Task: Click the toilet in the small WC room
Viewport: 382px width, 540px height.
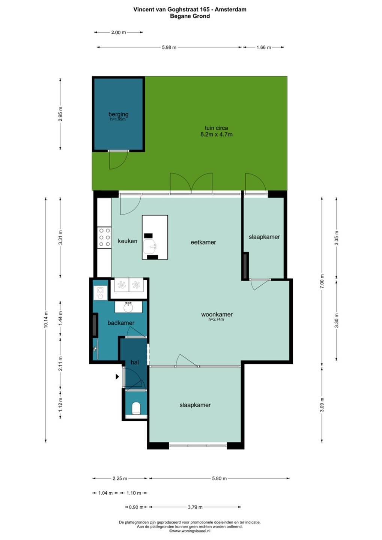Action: tap(136, 408)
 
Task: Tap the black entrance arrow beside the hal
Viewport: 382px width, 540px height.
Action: tap(117, 376)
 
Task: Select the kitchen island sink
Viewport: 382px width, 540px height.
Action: tap(150, 247)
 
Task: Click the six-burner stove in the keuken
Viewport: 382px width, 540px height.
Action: tap(104, 237)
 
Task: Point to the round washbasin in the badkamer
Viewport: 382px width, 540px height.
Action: tap(128, 307)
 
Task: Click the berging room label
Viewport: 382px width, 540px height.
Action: tap(118, 114)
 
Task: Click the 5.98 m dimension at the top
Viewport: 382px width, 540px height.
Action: tap(169, 48)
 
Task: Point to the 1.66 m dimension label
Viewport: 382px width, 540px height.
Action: tap(263, 48)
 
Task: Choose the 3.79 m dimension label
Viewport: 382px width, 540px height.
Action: tap(195, 507)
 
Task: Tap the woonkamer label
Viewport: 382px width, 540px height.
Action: tap(217, 314)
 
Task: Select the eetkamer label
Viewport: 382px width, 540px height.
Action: tap(203, 242)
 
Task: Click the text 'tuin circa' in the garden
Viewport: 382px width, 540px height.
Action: tap(216, 128)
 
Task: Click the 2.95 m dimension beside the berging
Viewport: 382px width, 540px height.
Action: tap(60, 114)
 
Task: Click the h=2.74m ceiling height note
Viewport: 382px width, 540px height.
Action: tap(216, 319)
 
